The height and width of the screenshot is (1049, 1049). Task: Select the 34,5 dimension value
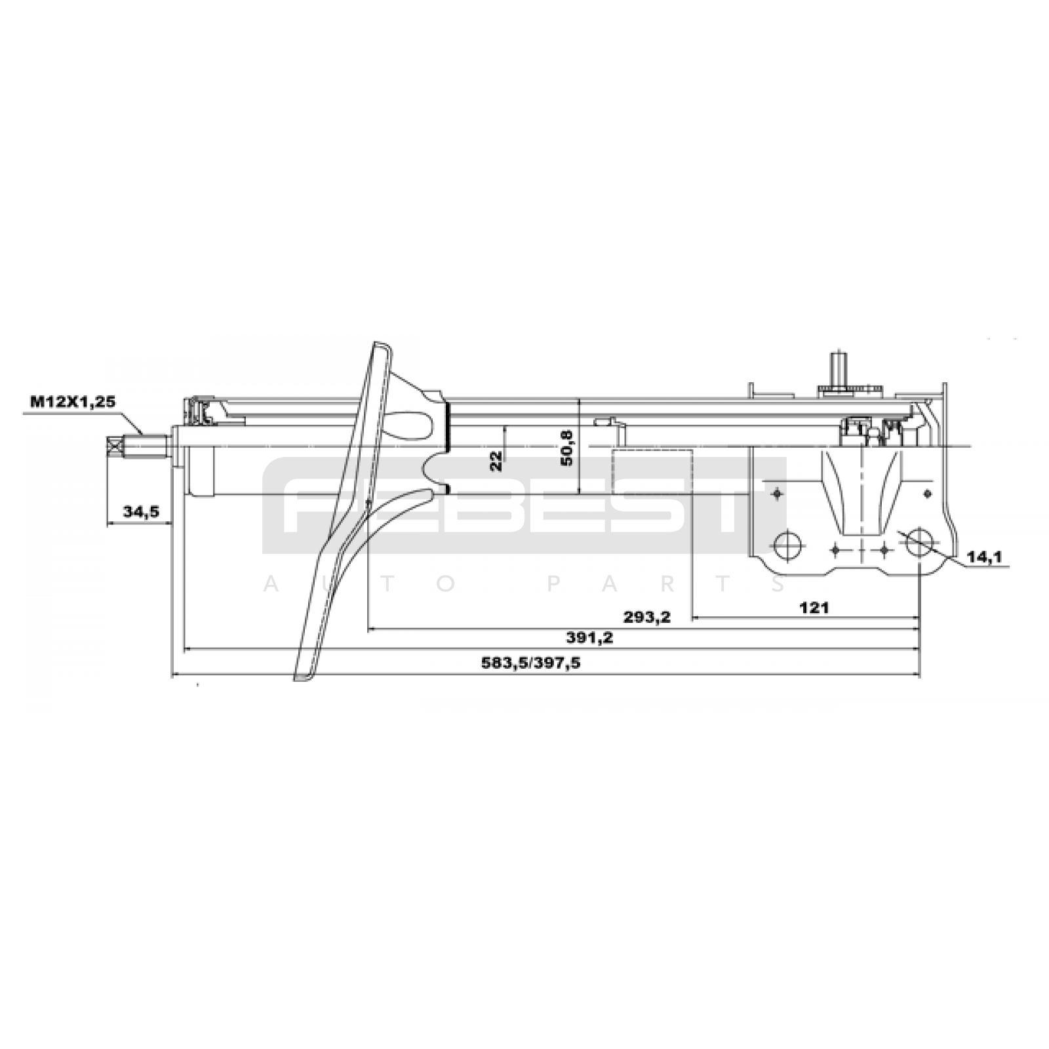[142, 511]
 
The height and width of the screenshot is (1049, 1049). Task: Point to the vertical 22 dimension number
[496, 460]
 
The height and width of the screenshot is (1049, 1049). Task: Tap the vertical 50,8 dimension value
[567, 447]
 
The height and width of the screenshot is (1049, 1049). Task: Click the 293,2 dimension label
[647, 617]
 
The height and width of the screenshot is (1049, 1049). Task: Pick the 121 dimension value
[814, 608]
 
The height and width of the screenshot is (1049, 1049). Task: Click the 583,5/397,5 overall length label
[531, 663]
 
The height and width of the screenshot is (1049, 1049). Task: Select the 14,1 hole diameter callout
[985, 557]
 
